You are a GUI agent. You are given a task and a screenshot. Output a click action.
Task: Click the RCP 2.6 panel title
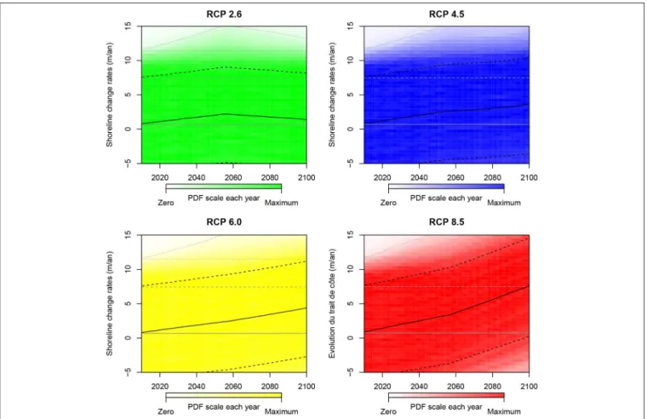coord(224,14)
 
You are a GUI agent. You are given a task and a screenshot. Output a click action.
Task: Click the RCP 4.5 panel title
coord(446,14)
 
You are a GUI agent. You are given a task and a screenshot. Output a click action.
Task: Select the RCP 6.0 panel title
coord(224,222)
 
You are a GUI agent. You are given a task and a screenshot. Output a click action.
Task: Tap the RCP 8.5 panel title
coord(446,222)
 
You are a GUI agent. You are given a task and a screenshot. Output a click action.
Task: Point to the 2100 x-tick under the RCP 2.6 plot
coord(306,177)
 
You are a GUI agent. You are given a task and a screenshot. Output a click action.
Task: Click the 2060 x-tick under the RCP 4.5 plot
coord(455,177)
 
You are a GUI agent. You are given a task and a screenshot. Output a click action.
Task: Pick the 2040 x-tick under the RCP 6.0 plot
coord(197,387)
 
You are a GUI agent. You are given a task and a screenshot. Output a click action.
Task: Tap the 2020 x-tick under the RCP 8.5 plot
coord(382,387)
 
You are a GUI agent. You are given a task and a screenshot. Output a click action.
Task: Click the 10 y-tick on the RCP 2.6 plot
coord(128,60)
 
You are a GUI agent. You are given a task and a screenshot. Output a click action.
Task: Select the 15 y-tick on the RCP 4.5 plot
coord(351,26)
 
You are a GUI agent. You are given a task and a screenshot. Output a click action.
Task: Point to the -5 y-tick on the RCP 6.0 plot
coord(128,371)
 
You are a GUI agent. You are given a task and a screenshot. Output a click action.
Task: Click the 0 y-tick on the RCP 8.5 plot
coord(351,338)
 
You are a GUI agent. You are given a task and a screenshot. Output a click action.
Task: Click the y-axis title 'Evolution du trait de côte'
coord(332,303)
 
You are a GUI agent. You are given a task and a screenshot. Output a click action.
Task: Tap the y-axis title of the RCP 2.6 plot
coord(109,95)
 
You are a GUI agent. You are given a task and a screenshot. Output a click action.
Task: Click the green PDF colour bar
coord(224,188)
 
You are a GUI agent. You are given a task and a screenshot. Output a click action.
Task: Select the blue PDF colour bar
coord(446,188)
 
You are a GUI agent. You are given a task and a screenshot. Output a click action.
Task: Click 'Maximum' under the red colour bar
coord(504,411)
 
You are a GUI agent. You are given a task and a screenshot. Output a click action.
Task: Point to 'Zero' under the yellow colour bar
coord(166,411)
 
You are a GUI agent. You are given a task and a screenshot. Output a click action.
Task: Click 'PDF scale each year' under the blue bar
coord(446,198)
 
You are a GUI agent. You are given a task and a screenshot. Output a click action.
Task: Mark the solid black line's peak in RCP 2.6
coord(225,113)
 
